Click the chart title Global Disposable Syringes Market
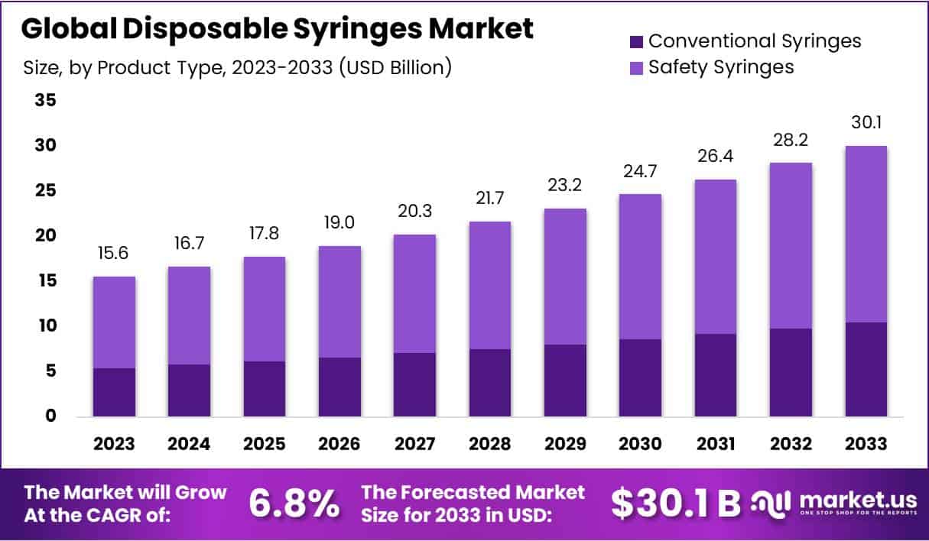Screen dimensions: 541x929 [276, 29]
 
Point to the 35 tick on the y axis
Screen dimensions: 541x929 [45, 101]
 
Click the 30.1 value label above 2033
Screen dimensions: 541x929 [866, 123]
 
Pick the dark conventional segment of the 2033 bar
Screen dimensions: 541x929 [866, 369]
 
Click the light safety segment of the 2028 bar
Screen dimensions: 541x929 [489, 285]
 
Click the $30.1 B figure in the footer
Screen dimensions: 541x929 [676, 503]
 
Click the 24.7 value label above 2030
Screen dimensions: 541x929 [640, 173]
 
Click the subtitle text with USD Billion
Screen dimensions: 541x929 [238, 68]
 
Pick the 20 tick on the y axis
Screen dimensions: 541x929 [45, 236]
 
